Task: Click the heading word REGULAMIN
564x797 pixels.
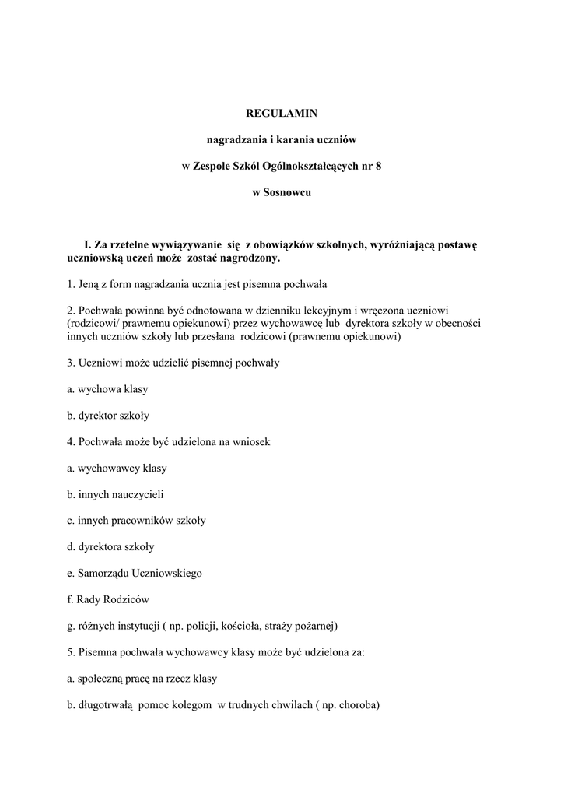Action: (282, 114)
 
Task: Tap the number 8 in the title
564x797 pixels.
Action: (379, 167)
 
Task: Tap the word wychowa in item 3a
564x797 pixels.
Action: (98, 388)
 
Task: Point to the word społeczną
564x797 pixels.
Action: (100, 679)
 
